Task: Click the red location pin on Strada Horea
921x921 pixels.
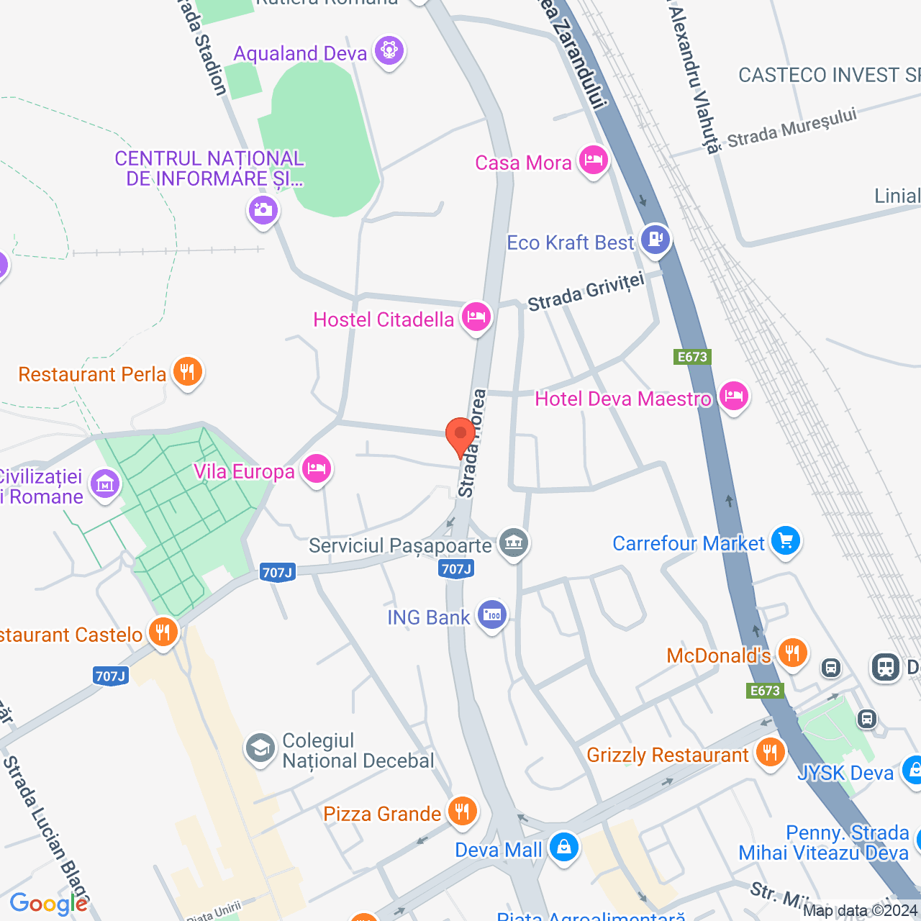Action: coord(460,435)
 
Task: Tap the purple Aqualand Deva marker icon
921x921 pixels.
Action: coord(389,51)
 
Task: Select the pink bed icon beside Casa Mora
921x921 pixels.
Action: coord(593,160)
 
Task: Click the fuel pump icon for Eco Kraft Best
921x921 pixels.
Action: coord(655,238)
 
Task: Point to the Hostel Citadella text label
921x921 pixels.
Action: coord(384,319)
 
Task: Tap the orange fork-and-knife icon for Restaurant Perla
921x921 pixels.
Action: coord(188,372)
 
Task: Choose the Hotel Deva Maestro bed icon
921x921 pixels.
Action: coord(733,396)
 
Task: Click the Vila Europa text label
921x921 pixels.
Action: coord(244,471)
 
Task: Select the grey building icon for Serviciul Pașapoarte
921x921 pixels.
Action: coord(514,543)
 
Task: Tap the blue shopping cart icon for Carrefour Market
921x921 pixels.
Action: coord(785,540)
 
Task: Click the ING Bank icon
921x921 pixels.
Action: coord(492,615)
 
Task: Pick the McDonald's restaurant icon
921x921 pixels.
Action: coord(792,653)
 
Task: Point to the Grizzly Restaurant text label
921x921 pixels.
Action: coord(668,755)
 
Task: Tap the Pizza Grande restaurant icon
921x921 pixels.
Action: coord(462,811)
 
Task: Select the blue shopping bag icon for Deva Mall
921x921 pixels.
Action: coord(563,847)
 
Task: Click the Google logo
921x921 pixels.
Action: coord(48,904)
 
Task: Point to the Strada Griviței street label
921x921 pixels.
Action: coord(586,292)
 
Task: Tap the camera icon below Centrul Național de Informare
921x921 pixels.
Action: coord(263,210)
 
